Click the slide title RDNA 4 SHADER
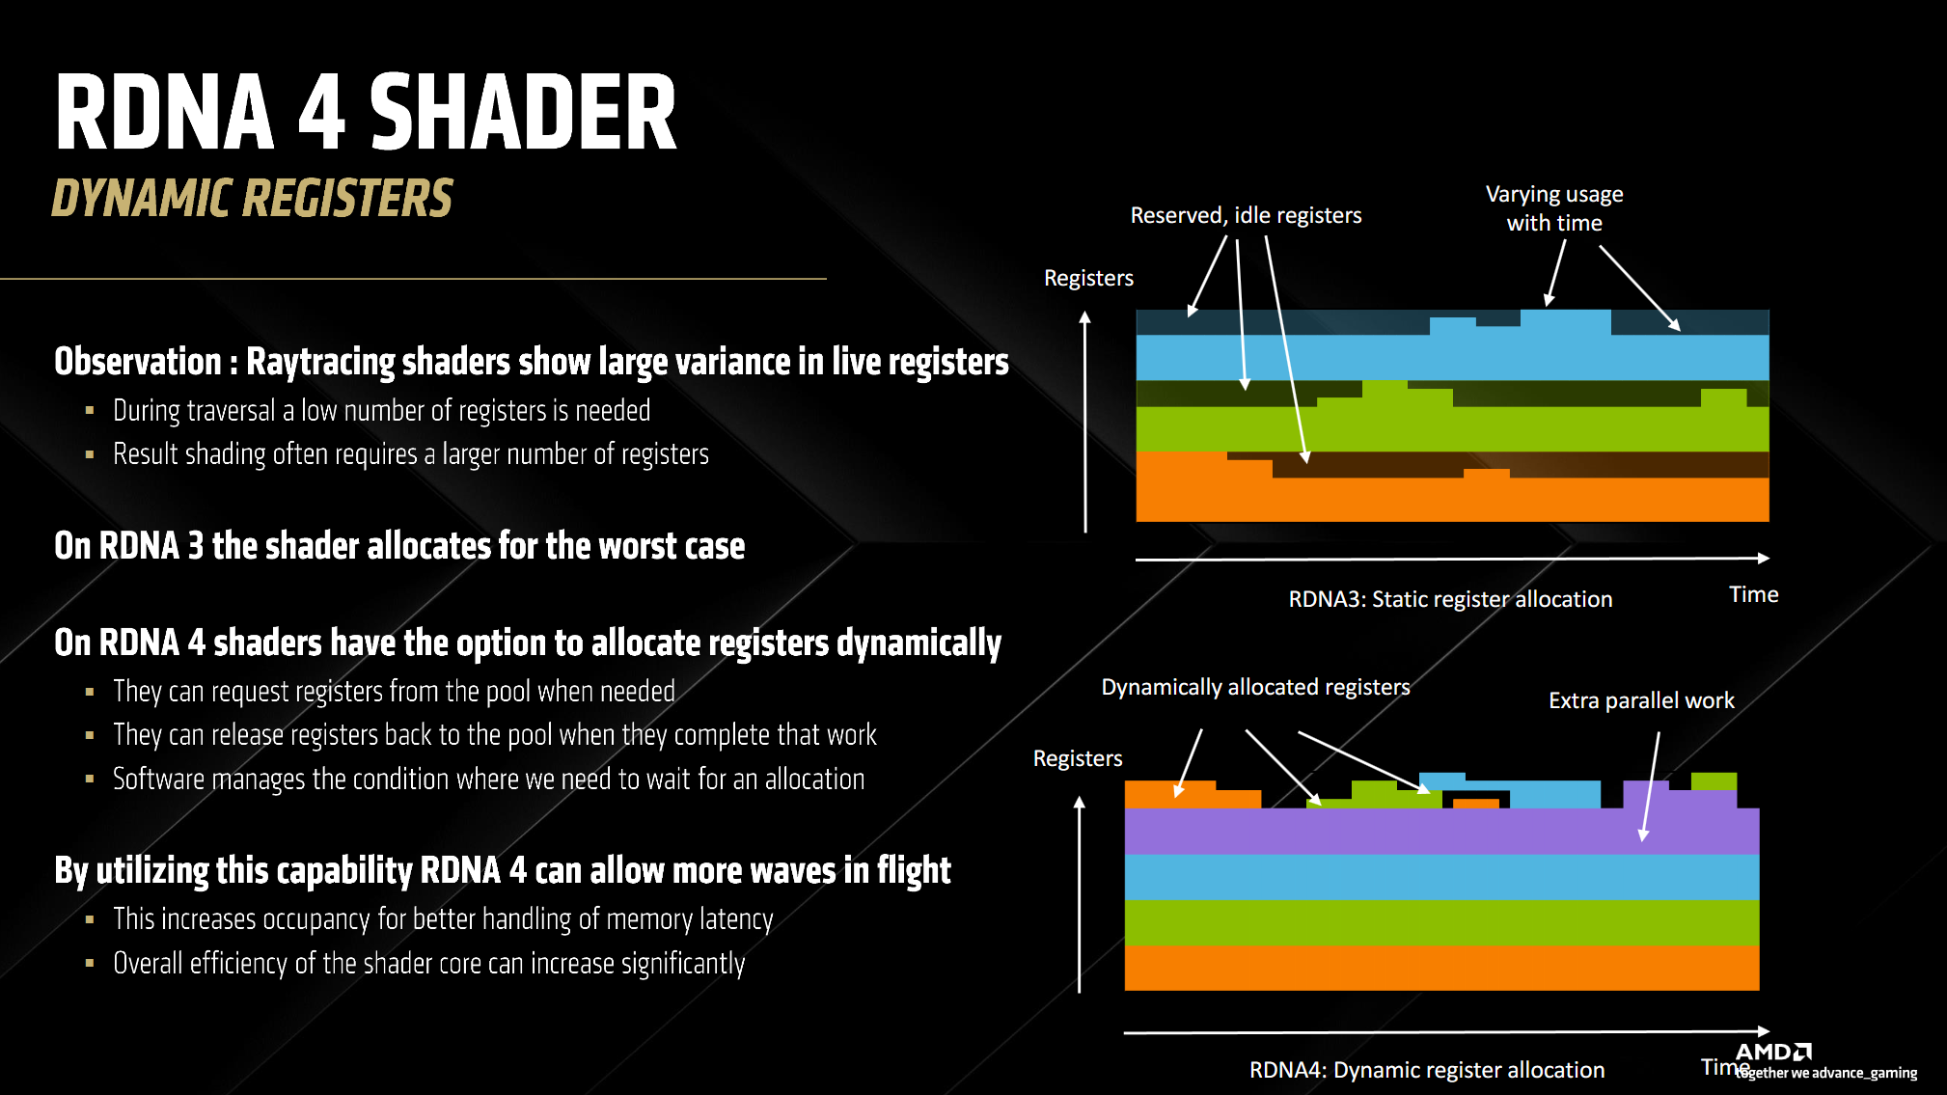click(366, 113)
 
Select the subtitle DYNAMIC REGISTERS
click(252, 198)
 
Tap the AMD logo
click(1773, 1052)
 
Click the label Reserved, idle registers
click(1246, 215)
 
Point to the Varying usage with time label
click(1554, 208)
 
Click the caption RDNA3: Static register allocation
click(1450, 599)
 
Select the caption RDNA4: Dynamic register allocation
click(1427, 1070)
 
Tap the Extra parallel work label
click(1641, 700)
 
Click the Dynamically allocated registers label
click(1255, 687)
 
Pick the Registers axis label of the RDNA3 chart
click(1088, 278)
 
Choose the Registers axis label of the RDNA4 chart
click(1078, 758)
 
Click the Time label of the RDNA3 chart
click(1753, 594)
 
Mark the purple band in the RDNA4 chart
click(1441, 832)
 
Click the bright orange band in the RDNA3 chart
click(1451, 500)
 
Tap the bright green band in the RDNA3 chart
click(1451, 429)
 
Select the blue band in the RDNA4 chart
click(1441, 877)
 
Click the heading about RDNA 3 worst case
click(399, 546)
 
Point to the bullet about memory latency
click(443, 919)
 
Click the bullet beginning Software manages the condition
click(488, 780)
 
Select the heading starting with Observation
click(531, 362)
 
